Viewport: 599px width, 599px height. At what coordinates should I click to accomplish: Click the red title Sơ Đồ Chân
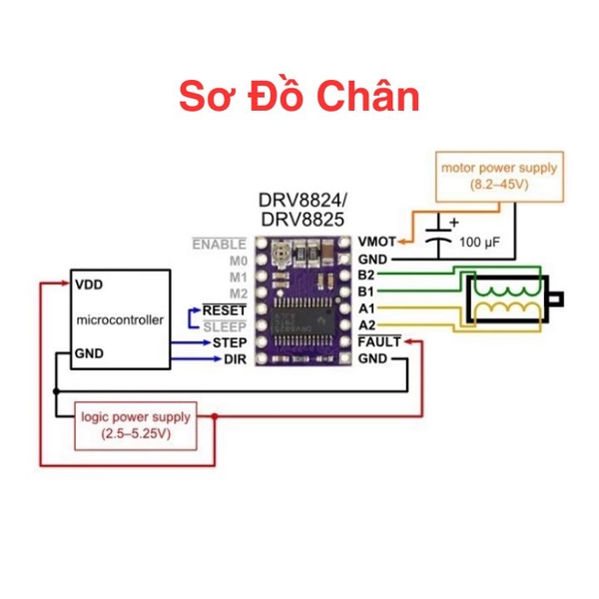299,97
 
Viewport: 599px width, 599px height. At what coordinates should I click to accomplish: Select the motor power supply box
499,176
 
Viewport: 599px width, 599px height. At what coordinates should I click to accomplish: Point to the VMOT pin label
376,242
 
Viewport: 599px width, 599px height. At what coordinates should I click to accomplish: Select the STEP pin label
230,342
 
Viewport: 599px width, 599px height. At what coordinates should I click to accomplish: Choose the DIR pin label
233,359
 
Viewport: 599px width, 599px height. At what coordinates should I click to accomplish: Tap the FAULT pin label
380,342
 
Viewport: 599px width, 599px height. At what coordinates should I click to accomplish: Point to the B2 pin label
367,275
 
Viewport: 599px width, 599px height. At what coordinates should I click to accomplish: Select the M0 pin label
238,260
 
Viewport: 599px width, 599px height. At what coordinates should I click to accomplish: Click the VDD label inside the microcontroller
89,284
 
